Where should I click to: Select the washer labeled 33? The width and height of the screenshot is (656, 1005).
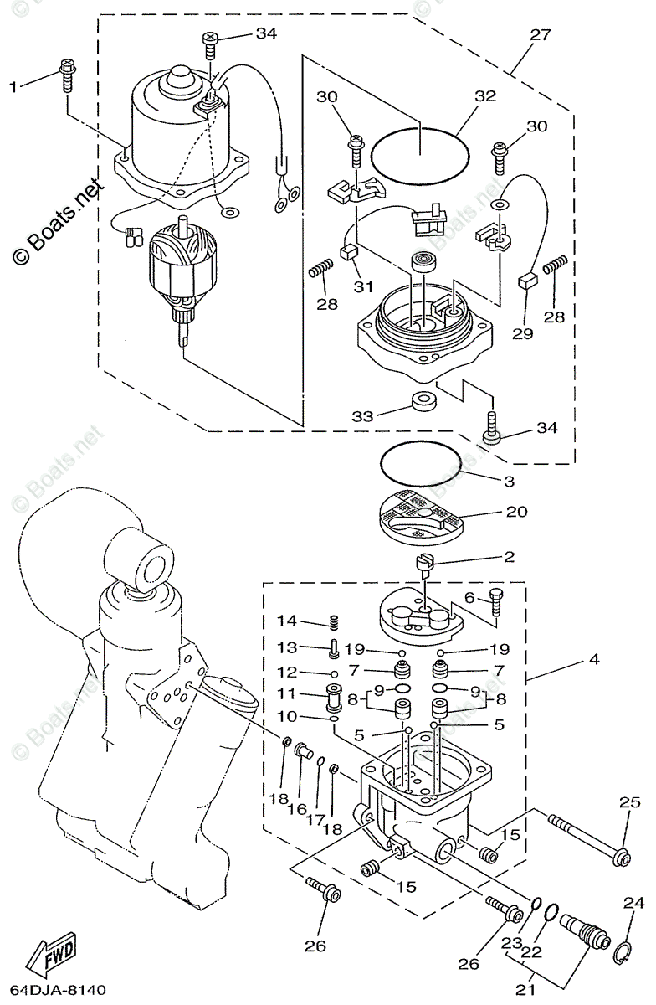(x=423, y=398)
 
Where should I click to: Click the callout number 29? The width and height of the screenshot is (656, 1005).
(x=522, y=333)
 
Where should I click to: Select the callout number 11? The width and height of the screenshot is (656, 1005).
(x=287, y=694)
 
